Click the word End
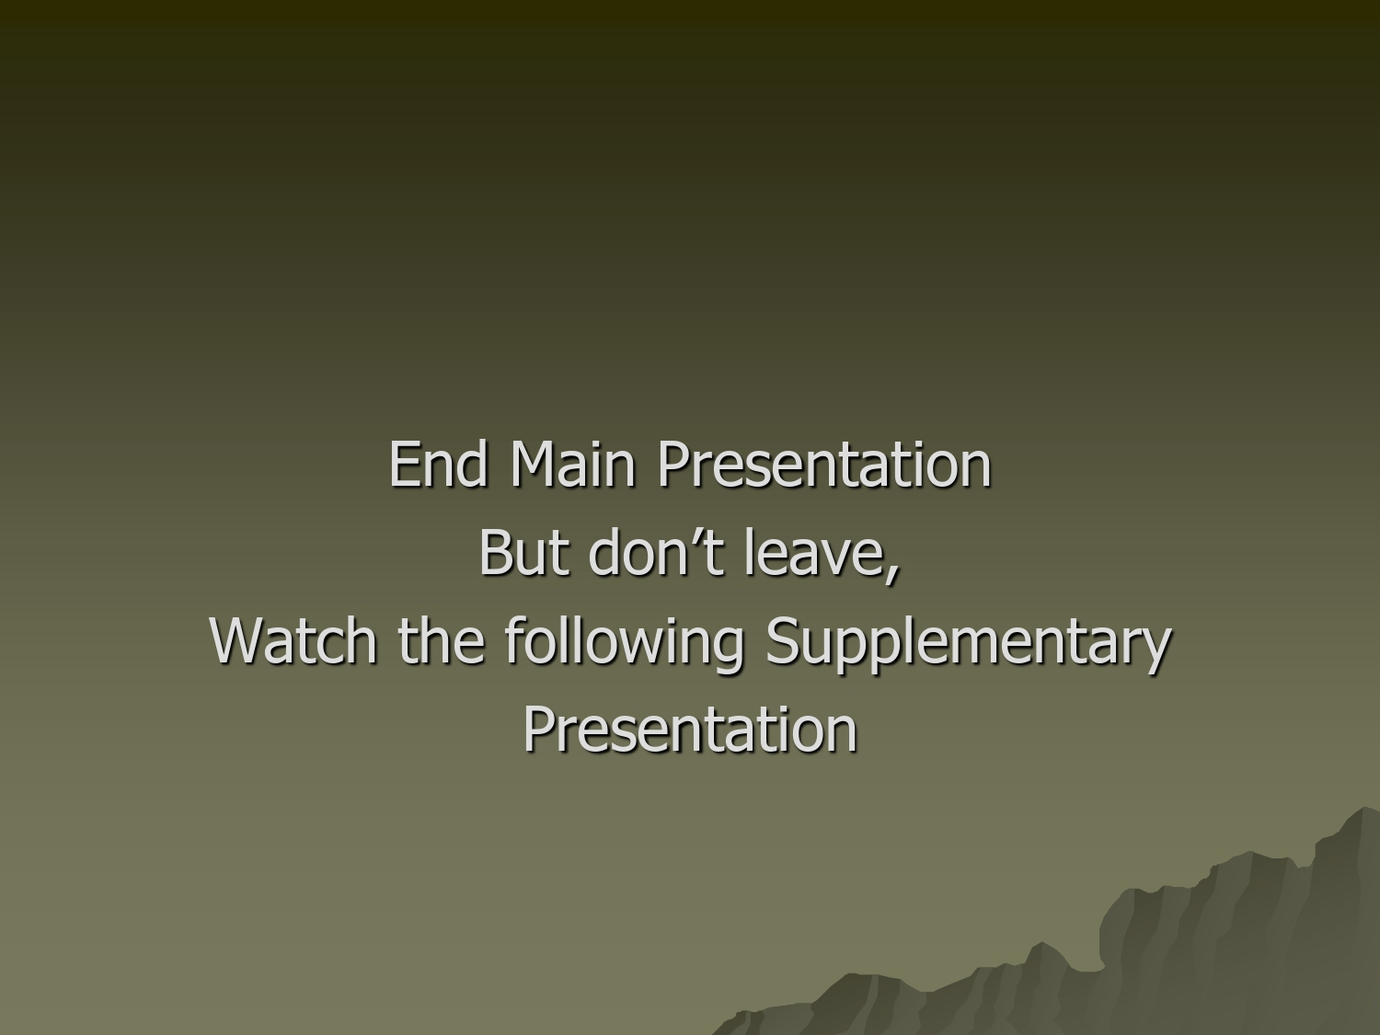(x=438, y=464)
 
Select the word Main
(x=572, y=464)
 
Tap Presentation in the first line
(x=824, y=464)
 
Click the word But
(x=524, y=552)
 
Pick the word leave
(x=815, y=552)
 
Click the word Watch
(x=293, y=640)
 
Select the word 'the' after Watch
(x=442, y=640)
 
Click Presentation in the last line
(x=690, y=729)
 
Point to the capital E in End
(x=404, y=464)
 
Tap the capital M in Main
(x=535, y=464)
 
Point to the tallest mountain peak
(x=1363, y=808)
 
